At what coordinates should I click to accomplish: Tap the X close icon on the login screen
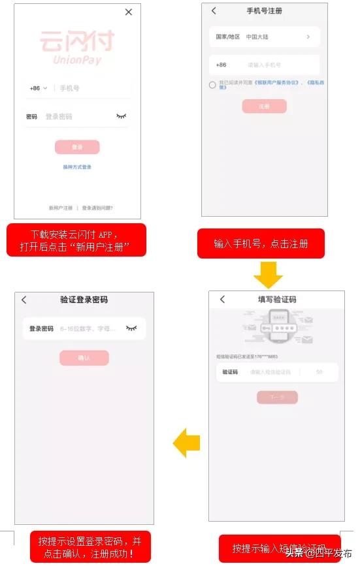click(129, 12)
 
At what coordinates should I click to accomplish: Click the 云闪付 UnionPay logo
click(77, 47)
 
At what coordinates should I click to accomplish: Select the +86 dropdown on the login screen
click(39, 88)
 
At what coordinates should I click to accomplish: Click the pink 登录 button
click(77, 147)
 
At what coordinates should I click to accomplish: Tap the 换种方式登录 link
click(77, 167)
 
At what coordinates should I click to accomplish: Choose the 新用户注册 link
click(61, 208)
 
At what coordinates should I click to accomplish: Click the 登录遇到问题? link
click(97, 208)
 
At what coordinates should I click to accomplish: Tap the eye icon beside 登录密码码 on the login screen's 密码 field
click(121, 116)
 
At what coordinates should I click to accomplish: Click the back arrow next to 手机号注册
click(214, 11)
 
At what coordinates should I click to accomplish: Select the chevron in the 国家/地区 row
click(308, 37)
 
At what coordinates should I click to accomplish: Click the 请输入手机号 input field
click(274, 65)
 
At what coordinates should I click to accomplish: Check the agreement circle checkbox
click(212, 85)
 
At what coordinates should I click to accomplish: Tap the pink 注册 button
click(264, 106)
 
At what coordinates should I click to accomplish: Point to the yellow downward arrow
click(268, 275)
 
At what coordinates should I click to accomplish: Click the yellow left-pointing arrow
click(186, 443)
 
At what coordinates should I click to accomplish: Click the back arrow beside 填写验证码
click(222, 299)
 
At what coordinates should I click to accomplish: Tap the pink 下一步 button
click(277, 397)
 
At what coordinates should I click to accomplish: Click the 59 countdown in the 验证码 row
click(319, 372)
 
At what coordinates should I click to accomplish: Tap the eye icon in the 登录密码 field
click(132, 328)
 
